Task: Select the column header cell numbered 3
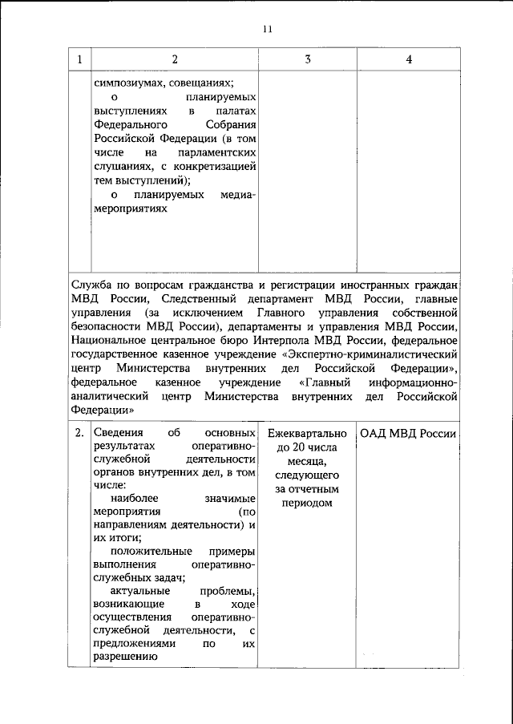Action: [x=308, y=59]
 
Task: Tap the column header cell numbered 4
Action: [x=409, y=59]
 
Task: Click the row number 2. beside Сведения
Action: [x=79, y=433]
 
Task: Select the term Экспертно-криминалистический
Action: [x=376, y=352]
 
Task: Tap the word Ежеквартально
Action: [x=308, y=433]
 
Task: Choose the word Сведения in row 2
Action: [x=119, y=433]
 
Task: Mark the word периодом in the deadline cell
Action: [x=308, y=503]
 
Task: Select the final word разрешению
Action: [x=123, y=657]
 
